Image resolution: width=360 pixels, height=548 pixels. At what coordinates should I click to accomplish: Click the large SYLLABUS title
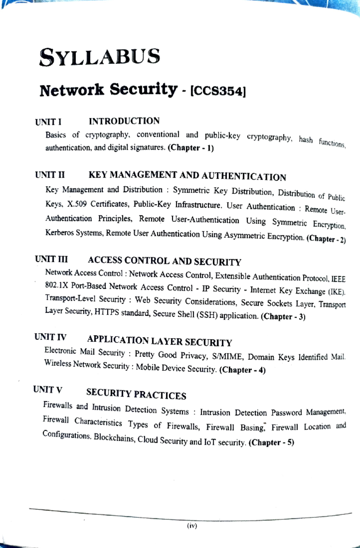point(100,57)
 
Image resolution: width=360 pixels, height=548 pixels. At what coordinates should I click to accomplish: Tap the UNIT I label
point(48,122)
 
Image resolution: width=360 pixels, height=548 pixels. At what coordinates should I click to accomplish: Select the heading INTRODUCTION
point(124,121)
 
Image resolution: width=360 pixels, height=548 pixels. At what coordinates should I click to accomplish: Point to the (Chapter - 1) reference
point(191,148)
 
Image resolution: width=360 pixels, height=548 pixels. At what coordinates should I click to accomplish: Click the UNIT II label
point(49,175)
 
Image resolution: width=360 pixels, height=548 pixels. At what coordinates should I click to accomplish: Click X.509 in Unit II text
point(77,204)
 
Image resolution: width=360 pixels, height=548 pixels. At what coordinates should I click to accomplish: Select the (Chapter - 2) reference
point(326,239)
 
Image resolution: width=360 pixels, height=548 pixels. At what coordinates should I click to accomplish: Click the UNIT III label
point(51,259)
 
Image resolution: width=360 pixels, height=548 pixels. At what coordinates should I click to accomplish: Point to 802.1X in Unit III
point(57,285)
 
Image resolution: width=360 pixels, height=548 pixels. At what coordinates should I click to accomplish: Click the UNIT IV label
point(50,337)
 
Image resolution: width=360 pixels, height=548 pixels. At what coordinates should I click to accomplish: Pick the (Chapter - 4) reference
point(242,370)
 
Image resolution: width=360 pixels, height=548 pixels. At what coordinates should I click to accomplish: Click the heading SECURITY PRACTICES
point(136,394)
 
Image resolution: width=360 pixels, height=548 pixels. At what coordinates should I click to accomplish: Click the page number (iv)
point(192,526)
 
